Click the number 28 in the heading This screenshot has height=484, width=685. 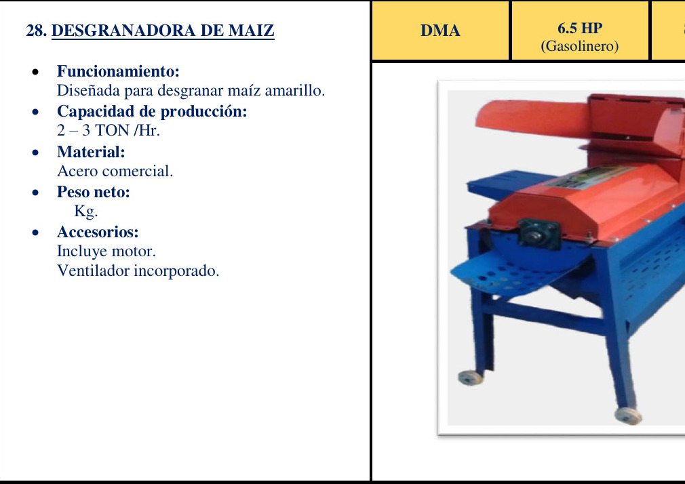[36, 31]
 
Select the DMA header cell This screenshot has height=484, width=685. [440, 31]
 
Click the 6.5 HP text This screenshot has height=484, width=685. [580, 28]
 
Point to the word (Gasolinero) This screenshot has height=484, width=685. [580, 46]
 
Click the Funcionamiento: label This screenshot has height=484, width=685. [118, 71]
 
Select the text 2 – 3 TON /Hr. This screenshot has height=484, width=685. [109, 130]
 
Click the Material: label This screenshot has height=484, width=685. [91, 152]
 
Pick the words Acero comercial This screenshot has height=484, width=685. [115, 171]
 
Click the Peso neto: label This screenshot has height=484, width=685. [94, 192]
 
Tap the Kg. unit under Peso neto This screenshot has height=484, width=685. [85, 211]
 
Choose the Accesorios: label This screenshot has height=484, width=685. [98, 232]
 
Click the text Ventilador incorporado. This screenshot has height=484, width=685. [138, 271]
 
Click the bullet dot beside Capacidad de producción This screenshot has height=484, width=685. [35, 113]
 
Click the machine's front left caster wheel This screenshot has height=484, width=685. [470, 378]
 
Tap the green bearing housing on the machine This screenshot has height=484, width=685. [539, 234]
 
